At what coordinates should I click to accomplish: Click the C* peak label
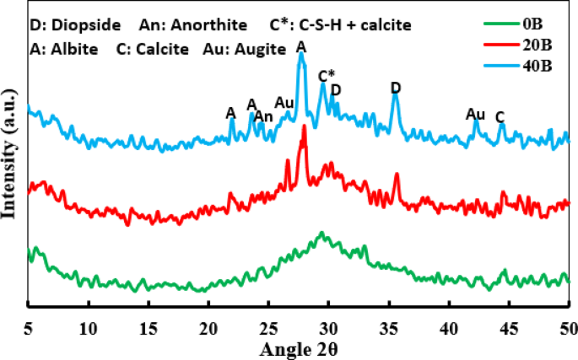coord(327,76)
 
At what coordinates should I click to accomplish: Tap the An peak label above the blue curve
coord(263,116)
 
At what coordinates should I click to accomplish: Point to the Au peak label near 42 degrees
coord(475,114)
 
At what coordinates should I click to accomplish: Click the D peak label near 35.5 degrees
coord(396,88)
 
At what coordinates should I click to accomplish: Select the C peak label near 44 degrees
coord(500,116)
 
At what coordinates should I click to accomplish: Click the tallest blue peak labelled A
coord(301,57)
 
